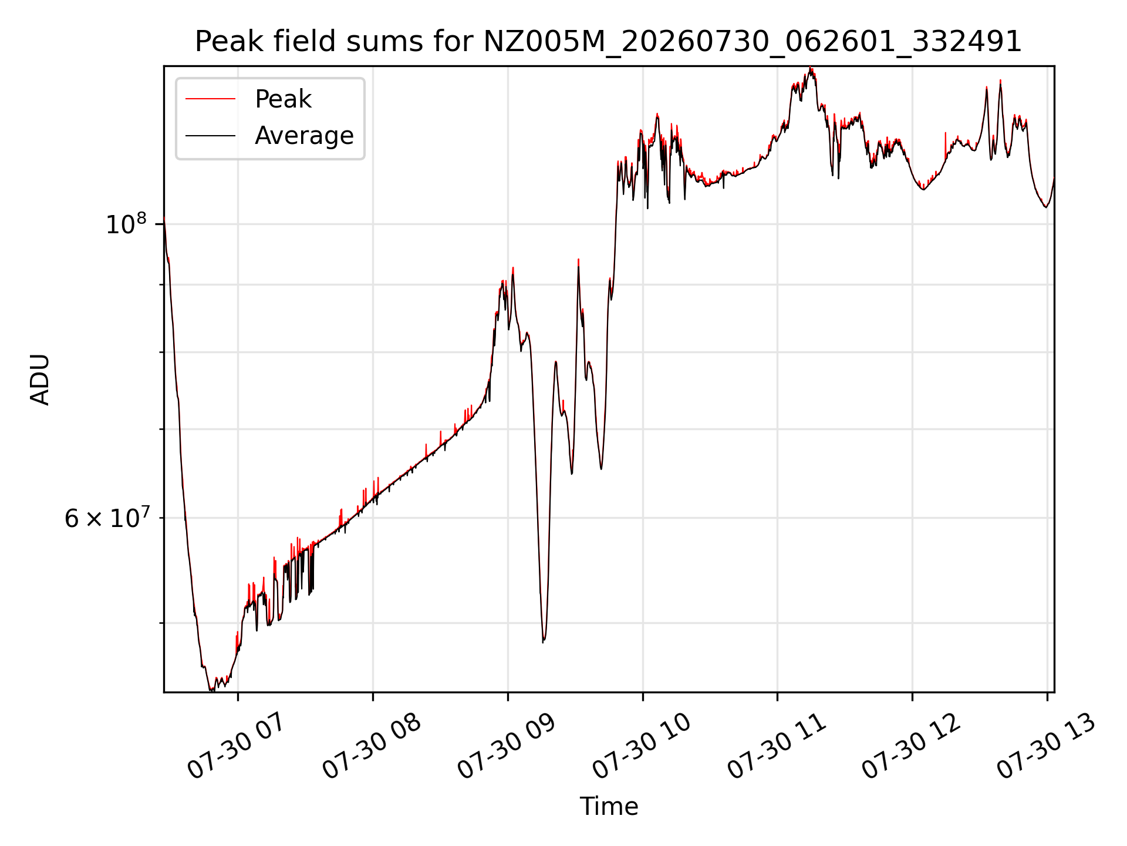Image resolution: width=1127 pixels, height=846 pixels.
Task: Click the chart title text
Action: pos(608,42)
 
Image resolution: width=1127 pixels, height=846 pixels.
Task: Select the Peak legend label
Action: pos(283,99)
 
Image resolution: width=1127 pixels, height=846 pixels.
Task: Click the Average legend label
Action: pos(304,136)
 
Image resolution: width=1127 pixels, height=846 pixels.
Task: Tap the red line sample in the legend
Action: pos(211,99)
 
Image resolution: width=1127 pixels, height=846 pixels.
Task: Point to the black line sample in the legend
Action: pos(211,136)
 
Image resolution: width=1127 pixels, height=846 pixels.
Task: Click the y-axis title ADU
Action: pos(40,380)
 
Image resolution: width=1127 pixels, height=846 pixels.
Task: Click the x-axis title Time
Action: pos(609,807)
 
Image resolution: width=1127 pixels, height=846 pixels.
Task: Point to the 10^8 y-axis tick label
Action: pos(126,224)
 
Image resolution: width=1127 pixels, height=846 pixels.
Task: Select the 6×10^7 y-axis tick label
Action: pos(107,518)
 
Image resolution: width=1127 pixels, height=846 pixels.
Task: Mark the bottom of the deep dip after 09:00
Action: pos(543,642)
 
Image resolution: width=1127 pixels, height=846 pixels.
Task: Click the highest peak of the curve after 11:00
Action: pos(811,68)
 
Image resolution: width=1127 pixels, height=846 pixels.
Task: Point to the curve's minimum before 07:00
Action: pos(211,691)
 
